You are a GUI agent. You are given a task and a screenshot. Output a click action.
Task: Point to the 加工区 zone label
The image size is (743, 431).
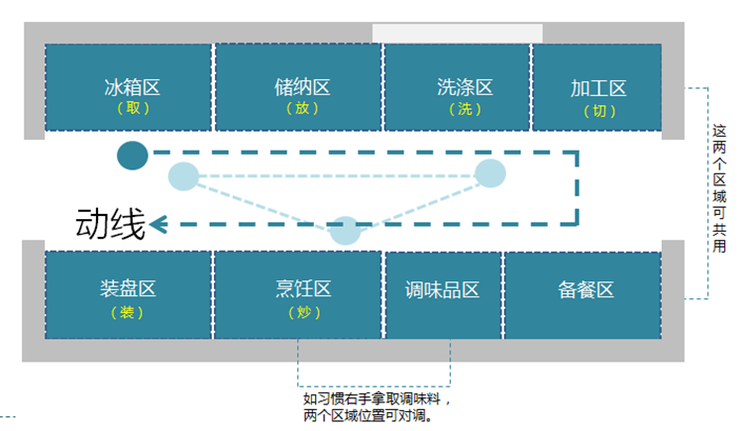pos(598,89)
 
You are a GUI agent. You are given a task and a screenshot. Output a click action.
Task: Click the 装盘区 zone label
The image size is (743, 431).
pos(128,289)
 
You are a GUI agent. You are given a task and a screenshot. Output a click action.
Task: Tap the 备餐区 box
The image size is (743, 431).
pos(585,291)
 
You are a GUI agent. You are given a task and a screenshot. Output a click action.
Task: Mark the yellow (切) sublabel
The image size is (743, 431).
pos(598,111)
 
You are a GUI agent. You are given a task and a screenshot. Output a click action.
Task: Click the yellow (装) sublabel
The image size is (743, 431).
pos(128,312)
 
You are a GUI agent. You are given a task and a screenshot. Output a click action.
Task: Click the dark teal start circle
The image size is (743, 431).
pos(133,156)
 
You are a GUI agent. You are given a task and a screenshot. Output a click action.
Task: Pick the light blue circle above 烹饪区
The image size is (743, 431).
pos(345,230)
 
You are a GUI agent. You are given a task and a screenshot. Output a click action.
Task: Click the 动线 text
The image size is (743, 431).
pos(110,226)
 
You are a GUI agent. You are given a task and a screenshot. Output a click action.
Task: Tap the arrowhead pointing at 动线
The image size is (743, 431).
pos(159,225)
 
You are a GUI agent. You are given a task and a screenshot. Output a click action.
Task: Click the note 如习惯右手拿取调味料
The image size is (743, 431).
pos(377,400)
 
